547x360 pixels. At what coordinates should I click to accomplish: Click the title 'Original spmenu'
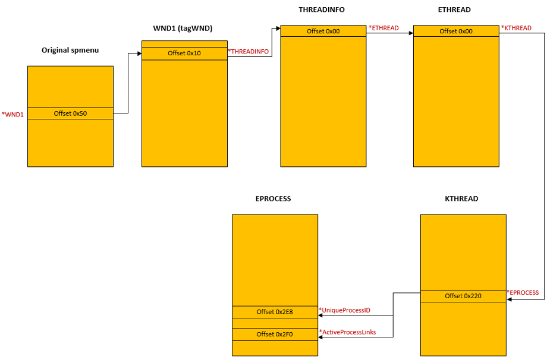coord(70,50)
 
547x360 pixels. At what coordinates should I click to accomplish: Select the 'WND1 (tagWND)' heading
coord(183,29)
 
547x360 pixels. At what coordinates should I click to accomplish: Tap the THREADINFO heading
coord(322,10)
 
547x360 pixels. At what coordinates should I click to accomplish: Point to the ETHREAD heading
coord(455,10)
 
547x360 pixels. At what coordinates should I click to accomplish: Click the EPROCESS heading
coord(273,199)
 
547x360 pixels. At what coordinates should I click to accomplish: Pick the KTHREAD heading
coord(461,199)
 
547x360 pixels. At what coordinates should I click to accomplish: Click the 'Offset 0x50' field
coord(70,113)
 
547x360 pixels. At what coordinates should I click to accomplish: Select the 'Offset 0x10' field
coord(184,53)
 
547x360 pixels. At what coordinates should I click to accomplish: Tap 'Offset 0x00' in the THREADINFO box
coord(323,31)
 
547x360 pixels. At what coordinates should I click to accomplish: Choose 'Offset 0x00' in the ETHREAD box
coord(456,31)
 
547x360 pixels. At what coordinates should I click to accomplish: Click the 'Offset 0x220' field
coord(463,296)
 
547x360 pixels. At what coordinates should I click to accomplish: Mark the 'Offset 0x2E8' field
coord(275,312)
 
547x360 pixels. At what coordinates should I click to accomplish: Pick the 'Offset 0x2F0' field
coord(275,334)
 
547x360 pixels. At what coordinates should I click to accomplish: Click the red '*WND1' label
coord(12,114)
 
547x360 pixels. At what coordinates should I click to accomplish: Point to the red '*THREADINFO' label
coord(249,52)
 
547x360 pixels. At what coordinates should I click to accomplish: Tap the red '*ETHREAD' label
coord(383,28)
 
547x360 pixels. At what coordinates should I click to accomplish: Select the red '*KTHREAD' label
coord(517,28)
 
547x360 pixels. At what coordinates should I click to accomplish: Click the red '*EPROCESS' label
coord(523,293)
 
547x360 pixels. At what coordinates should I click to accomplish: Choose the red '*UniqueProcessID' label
coord(344,310)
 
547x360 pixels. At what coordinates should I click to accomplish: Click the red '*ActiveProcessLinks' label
coord(347,332)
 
